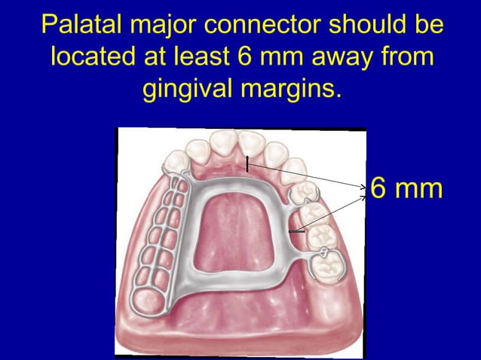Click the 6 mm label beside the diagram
(407, 188)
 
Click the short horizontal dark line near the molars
(297, 233)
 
